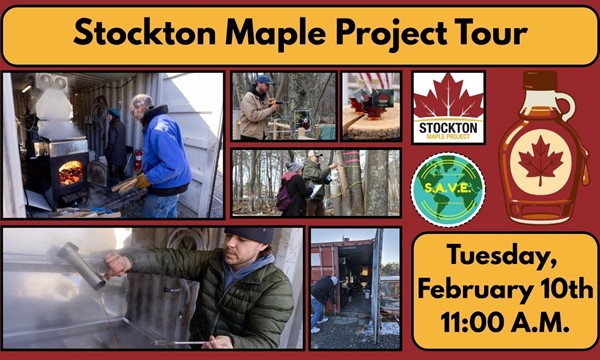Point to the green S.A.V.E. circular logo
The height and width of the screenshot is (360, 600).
[x=447, y=187]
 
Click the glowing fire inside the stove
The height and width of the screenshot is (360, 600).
[x=71, y=171]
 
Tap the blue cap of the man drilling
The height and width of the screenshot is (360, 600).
[x=262, y=79]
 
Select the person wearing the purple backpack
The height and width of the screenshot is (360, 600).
[x=290, y=187]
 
